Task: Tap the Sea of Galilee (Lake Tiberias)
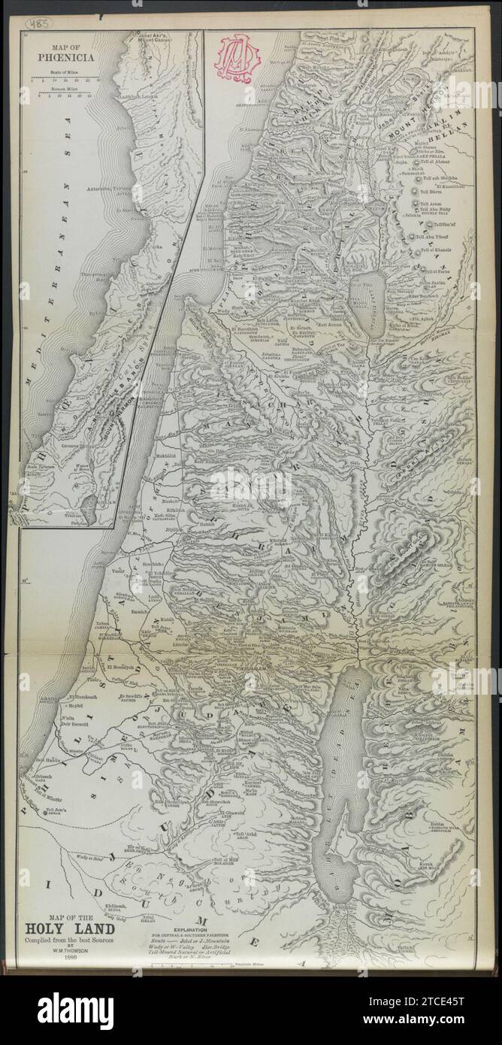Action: pos(370,291)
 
